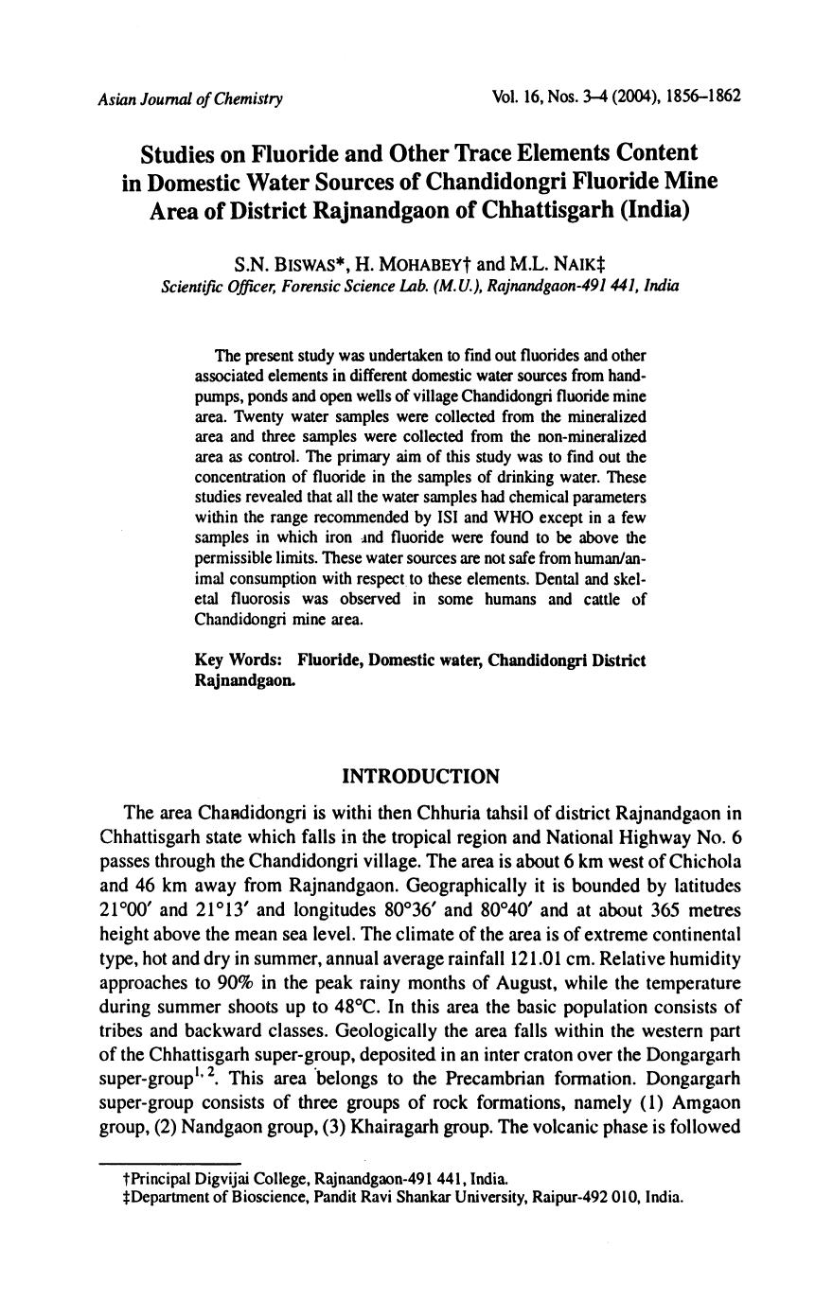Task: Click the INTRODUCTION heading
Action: tap(420, 777)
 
